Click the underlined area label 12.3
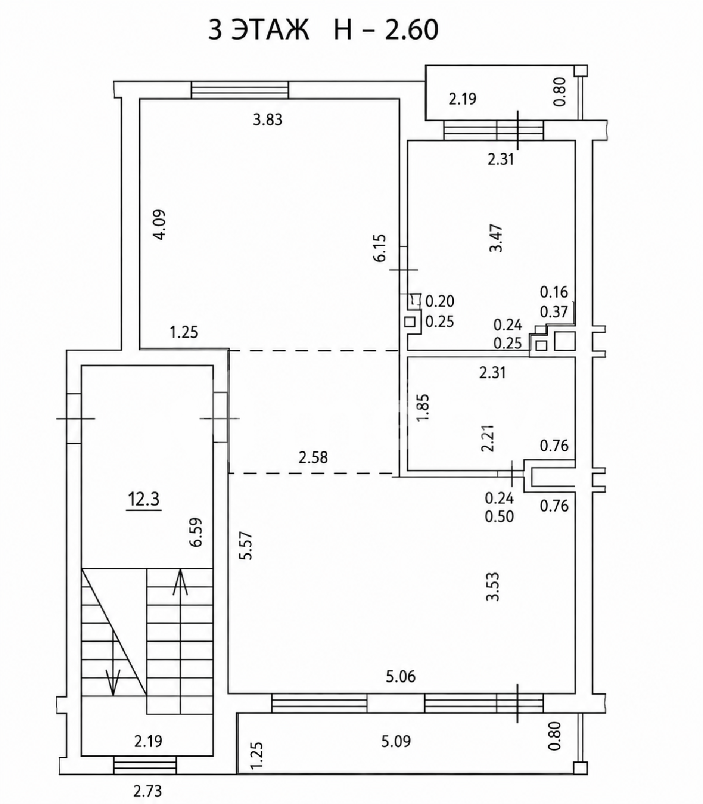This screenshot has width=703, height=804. [144, 500]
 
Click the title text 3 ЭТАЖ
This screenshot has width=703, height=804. [258, 30]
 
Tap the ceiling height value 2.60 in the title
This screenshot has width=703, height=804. [412, 30]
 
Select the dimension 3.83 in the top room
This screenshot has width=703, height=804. [268, 120]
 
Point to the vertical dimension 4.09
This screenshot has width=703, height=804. [160, 224]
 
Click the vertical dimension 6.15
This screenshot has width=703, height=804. [380, 248]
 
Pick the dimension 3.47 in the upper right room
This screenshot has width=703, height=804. [496, 238]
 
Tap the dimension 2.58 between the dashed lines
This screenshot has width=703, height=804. [313, 457]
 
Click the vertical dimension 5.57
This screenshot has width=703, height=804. [246, 546]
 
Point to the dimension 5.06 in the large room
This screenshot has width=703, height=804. [400, 677]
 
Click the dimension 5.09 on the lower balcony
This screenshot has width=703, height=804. [396, 741]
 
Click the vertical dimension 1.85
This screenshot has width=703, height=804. [423, 407]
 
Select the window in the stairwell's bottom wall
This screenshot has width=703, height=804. [145, 765]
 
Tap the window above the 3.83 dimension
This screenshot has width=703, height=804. [240, 89]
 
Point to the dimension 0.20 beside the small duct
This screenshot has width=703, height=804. [440, 301]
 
